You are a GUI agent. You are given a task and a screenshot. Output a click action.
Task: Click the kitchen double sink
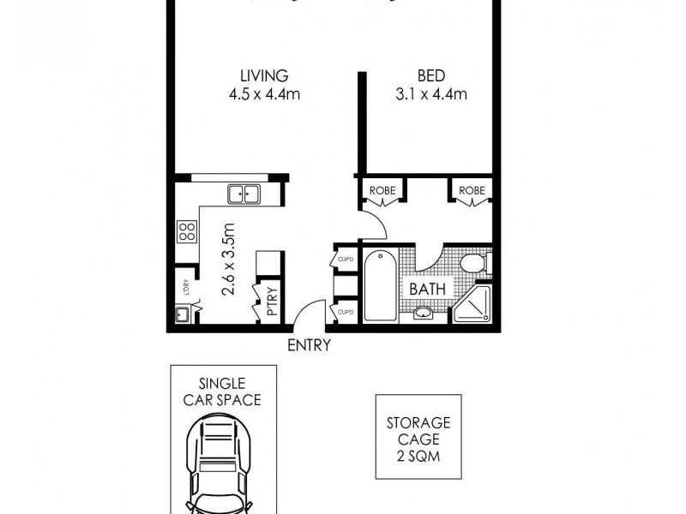[x=244, y=194]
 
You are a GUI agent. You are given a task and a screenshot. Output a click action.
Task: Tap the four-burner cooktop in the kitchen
[x=187, y=230]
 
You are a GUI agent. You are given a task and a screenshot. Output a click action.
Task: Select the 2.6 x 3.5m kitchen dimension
[x=228, y=259]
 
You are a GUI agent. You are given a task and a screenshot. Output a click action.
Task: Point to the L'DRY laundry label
[x=184, y=287]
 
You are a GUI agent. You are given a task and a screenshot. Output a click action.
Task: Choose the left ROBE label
[x=380, y=190]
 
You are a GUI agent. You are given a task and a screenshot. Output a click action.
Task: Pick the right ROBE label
[x=472, y=190]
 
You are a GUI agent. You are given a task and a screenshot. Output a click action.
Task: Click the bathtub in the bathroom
[x=379, y=287]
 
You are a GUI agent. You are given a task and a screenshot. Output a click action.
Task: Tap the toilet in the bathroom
[x=472, y=262]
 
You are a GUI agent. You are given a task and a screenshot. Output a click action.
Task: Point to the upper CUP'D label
[x=346, y=258]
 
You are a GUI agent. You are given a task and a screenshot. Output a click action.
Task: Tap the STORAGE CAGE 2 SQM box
[x=418, y=437]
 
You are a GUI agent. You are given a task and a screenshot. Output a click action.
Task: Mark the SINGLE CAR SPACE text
[x=224, y=391]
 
